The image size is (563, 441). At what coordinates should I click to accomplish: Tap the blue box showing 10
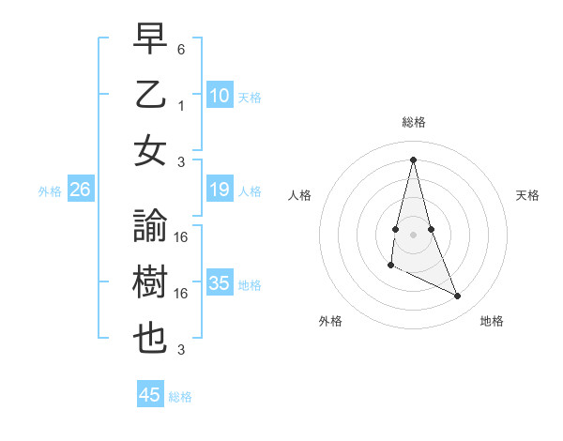(x=220, y=95)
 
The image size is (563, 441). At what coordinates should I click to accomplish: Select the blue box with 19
(x=220, y=190)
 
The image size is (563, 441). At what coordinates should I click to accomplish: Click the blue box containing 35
(x=220, y=283)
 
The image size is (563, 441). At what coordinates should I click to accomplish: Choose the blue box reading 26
(x=81, y=190)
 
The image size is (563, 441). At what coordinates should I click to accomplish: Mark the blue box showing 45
(x=150, y=395)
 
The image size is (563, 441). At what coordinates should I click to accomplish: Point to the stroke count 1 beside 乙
(x=181, y=106)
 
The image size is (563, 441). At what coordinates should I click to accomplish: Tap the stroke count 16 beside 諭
(x=181, y=237)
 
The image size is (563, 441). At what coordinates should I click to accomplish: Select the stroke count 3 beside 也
(x=181, y=351)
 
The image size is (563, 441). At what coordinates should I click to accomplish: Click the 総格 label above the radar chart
(x=414, y=122)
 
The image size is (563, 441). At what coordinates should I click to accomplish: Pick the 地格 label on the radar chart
(x=492, y=321)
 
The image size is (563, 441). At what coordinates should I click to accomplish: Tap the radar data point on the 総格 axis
(x=413, y=160)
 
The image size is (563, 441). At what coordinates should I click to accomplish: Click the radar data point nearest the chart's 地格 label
(x=458, y=297)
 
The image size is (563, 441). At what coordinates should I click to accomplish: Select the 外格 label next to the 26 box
(x=50, y=190)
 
